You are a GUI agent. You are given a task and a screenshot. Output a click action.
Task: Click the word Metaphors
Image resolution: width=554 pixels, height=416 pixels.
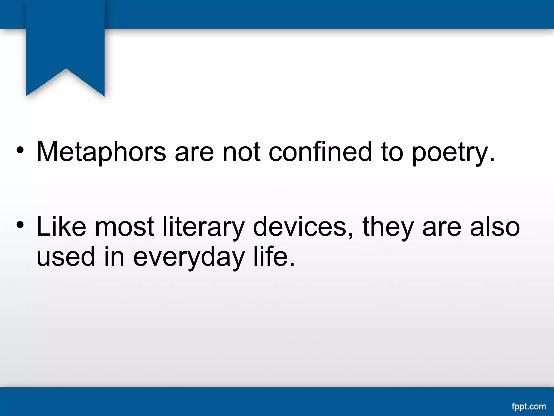[101, 152]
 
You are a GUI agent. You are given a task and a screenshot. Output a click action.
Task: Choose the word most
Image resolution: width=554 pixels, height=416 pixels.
[124, 227]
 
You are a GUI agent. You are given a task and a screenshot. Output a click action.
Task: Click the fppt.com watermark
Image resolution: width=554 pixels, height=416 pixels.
[529, 407]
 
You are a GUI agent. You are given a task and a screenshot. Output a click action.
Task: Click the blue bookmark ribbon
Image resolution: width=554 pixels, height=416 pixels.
[65, 43]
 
